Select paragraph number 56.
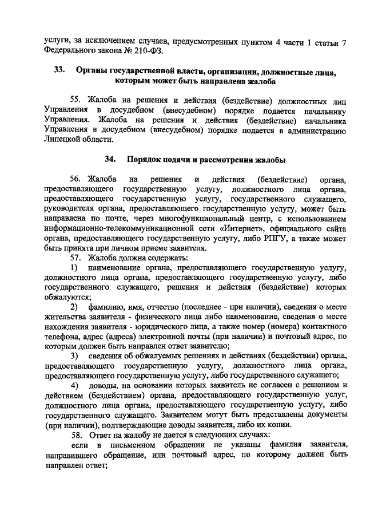[77, 179]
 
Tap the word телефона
[62, 337]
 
